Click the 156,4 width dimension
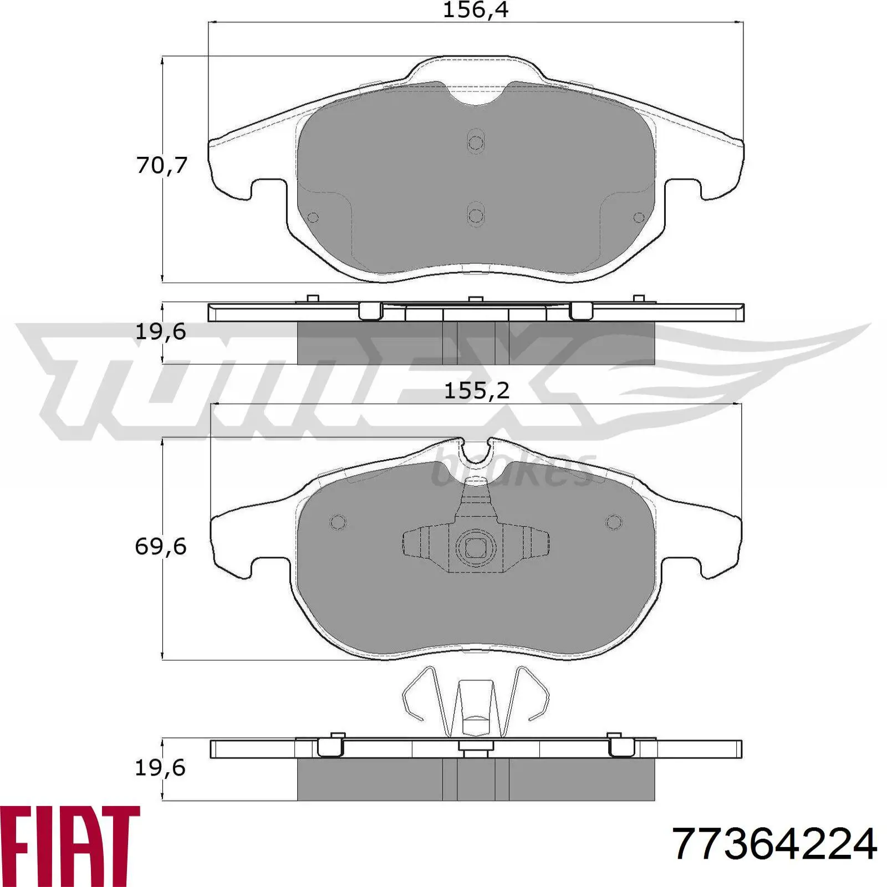475,11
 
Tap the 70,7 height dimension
162,165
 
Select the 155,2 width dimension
477,391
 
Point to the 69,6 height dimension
161,547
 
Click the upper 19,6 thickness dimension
161,332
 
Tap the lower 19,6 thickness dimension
161,768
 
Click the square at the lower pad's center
475,548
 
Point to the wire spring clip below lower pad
475,701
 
